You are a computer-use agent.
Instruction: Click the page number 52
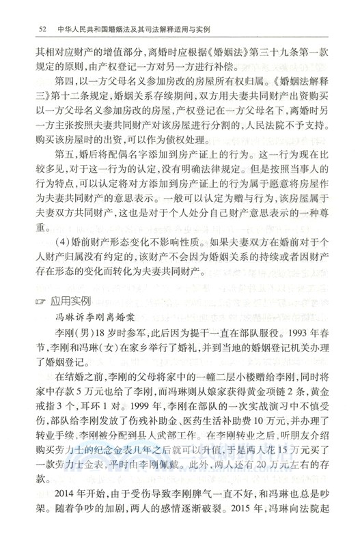(42, 29)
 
